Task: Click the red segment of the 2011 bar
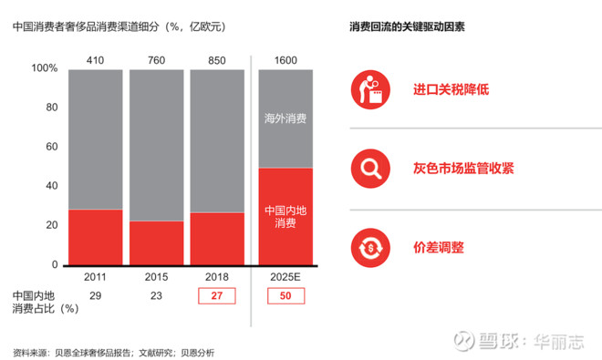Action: [95, 237]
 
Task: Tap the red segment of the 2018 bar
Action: [217, 239]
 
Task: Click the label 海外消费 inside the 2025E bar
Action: [285, 118]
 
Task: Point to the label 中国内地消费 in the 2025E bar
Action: [285, 216]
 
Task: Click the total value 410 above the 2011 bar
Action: [95, 61]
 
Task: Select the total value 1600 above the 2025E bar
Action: [285, 61]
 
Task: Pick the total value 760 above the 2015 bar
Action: [156, 61]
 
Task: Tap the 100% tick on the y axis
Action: [44, 68]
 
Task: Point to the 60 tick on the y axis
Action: [51, 147]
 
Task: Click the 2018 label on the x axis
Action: [217, 276]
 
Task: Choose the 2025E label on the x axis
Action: [285, 276]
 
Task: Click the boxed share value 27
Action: [217, 295]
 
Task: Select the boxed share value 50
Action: [285, 295]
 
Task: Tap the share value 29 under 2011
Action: [95, 295]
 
